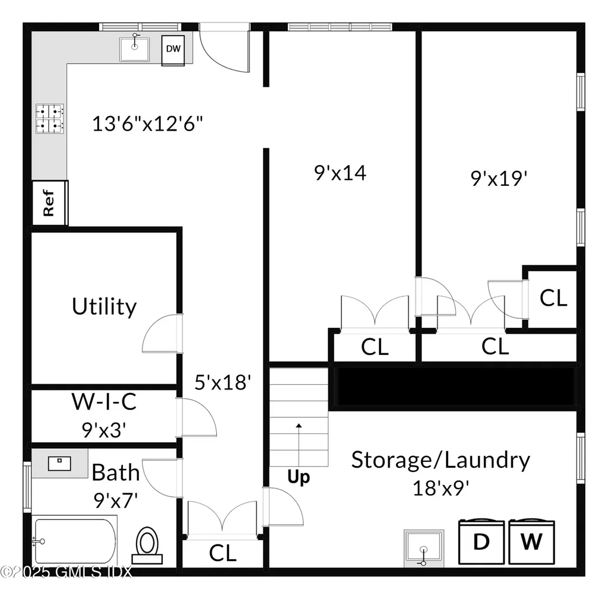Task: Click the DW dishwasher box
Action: point(173,50)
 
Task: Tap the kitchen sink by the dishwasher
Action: point(134,49)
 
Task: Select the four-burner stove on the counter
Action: point(50,119)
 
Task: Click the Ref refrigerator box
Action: point(50,202)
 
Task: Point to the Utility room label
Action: point(104,307)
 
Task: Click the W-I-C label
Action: point(104,401)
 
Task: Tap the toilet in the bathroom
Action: point(147,546)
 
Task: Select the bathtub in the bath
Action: point(74,540)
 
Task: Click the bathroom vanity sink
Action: point(59,463)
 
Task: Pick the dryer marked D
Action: point(481,541)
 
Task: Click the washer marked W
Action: point(531,541)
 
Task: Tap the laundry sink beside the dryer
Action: point(423,548)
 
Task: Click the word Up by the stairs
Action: point(299,477)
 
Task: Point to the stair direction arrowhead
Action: point(299,426)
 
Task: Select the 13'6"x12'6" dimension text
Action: point(147,123)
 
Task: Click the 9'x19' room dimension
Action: point(499,178)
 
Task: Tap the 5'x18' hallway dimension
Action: point(223,382)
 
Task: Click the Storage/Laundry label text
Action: point(441,460)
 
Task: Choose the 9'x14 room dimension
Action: point(340,173)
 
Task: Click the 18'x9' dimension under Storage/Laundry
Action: point(441,488)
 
